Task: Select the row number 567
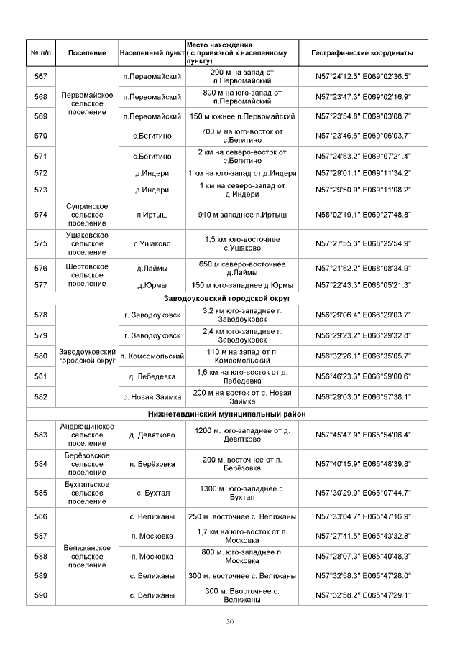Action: (41, 77)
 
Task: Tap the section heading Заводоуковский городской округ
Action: (231, 298)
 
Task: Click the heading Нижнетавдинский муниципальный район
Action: (231, 414)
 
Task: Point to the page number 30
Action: (230, 621)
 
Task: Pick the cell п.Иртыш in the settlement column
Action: (152, 215)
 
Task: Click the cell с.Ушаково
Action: (152, 243)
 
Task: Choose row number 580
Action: (41, 356)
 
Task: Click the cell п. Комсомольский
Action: (152, 356)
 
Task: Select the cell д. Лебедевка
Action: (152, 376)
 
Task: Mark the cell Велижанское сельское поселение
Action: (88, 556)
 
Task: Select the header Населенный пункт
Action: (152, 53)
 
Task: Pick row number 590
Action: (41, 595)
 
